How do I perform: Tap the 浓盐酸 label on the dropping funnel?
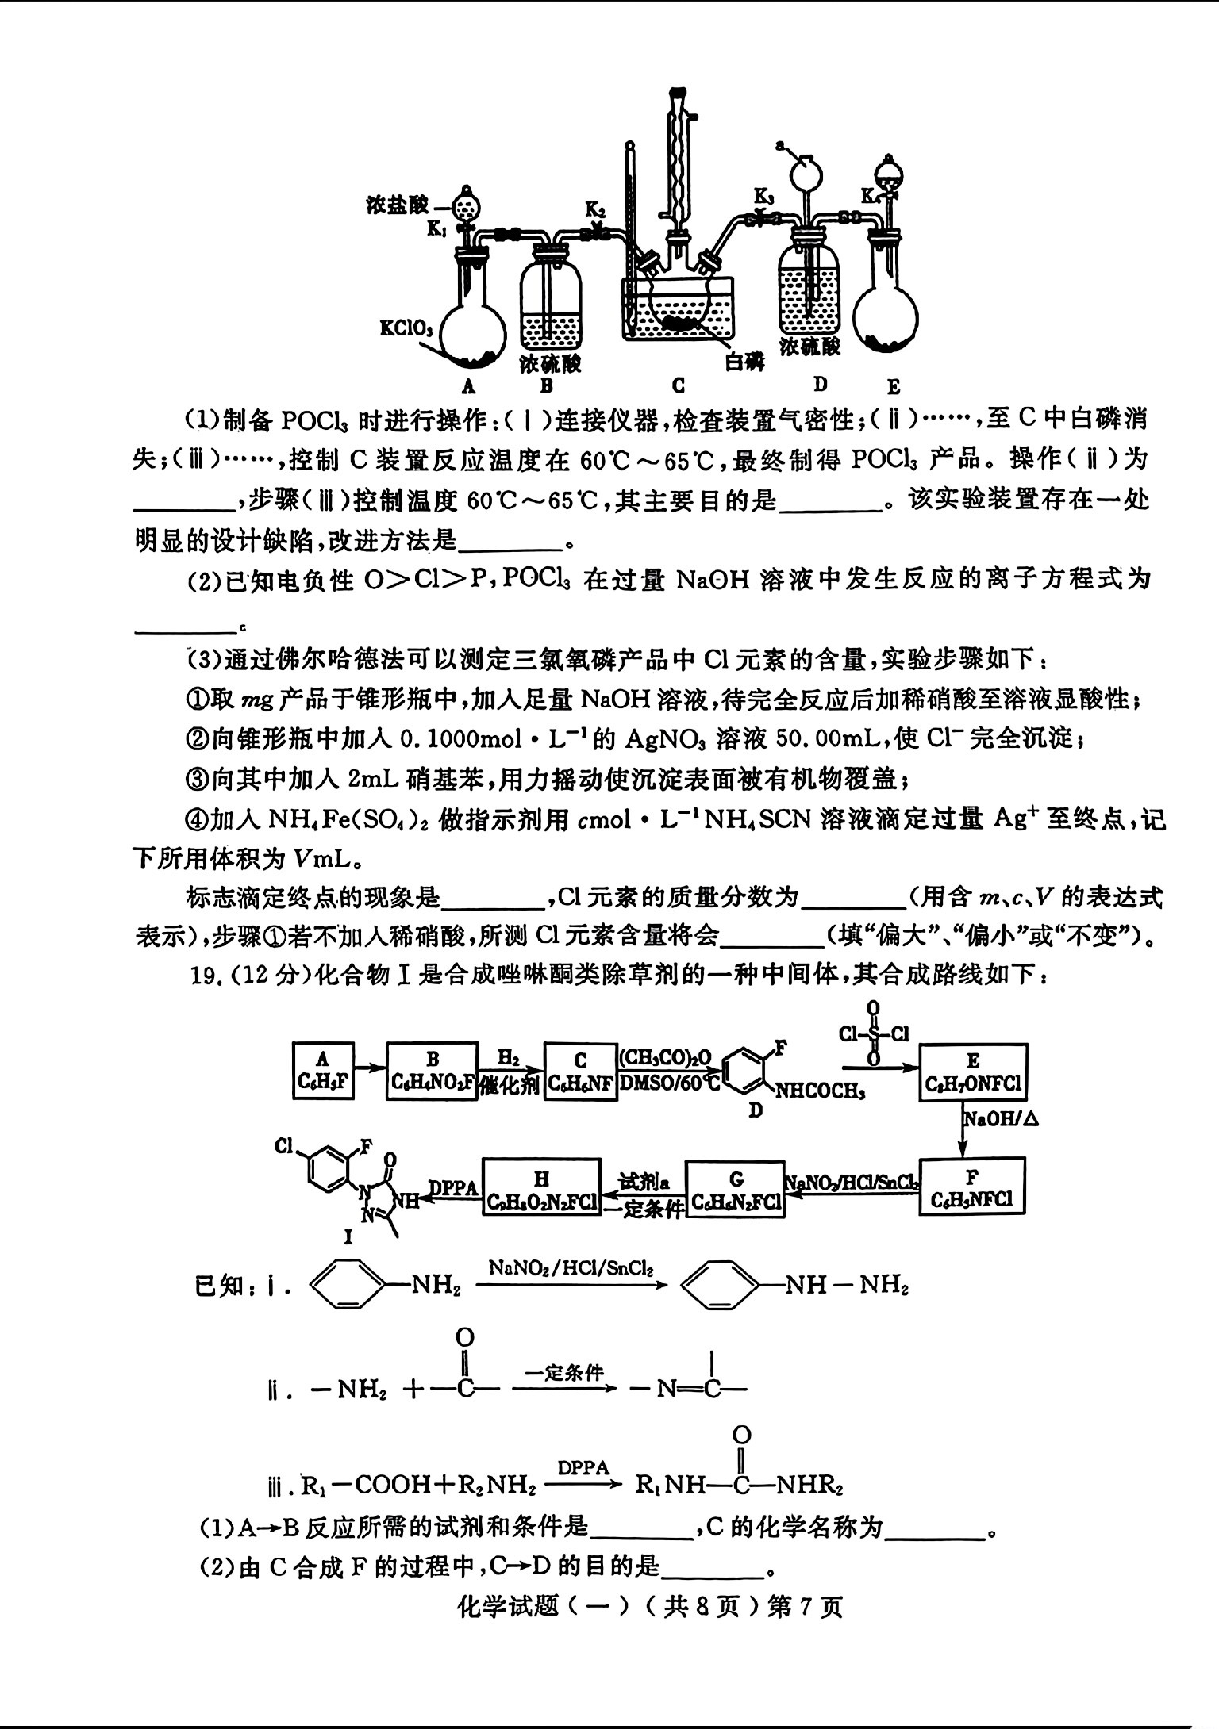point(398,205)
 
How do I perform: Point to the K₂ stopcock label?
point(595,209)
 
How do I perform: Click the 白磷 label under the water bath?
point(744,361)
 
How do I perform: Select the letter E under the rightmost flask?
point(893,387)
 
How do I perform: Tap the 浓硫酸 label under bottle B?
point(550,364)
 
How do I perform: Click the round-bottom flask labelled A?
point(471,325)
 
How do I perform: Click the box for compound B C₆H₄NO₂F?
point(433,1071)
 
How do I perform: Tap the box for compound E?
point(973,1072)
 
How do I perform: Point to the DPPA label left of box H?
point(453,1187)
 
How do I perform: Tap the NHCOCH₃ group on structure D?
point(819,1091)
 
